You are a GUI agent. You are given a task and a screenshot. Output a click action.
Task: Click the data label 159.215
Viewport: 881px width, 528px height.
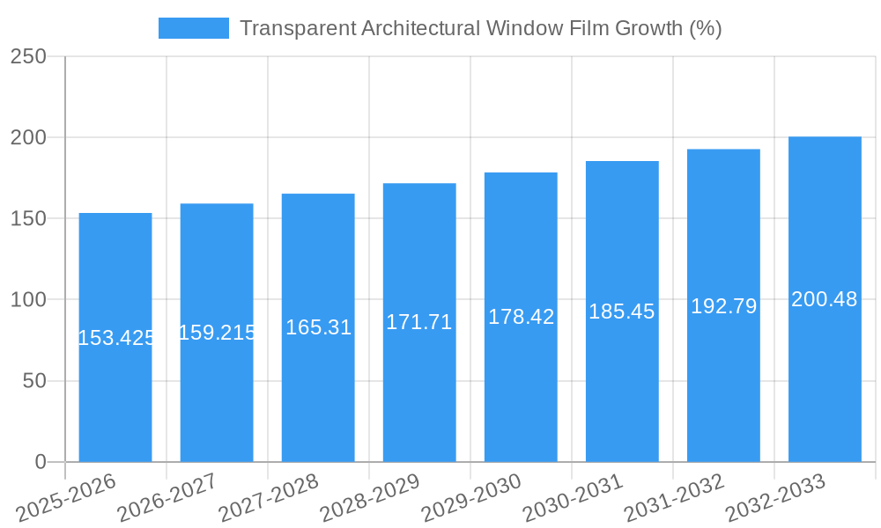pos(217,333)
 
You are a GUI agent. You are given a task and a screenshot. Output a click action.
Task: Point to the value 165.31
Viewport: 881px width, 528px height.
pos(318,327)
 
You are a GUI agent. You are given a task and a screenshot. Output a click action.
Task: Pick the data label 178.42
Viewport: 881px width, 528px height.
pos(521,317)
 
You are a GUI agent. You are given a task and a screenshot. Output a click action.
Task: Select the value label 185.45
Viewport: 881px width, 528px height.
pos(622,312)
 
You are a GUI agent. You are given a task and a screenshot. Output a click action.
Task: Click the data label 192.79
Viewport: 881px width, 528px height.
pos(723,306)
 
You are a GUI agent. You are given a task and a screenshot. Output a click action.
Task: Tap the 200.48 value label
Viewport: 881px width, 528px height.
pos(825,299)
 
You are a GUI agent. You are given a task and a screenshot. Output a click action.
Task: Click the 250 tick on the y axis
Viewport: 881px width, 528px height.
pos(29,56)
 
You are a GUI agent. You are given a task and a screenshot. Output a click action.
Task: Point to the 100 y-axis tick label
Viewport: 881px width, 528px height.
pos(29,300)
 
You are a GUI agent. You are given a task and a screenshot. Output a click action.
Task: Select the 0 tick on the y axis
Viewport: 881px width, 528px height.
pos(41,462)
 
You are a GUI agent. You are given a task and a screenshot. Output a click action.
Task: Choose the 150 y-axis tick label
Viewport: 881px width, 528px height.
pos(29,218)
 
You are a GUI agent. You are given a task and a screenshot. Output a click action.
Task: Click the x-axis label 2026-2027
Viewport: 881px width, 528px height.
pos(167,498)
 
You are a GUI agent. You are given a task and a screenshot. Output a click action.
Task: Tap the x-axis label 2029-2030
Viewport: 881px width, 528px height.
pos(470,498)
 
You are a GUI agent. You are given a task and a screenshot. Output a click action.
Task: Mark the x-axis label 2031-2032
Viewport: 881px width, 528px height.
pos(673,498)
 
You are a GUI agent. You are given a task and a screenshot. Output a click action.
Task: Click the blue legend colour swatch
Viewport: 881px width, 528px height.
pos(193,28)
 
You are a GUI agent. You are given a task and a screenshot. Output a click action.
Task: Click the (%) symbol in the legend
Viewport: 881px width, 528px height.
pos(705,28)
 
